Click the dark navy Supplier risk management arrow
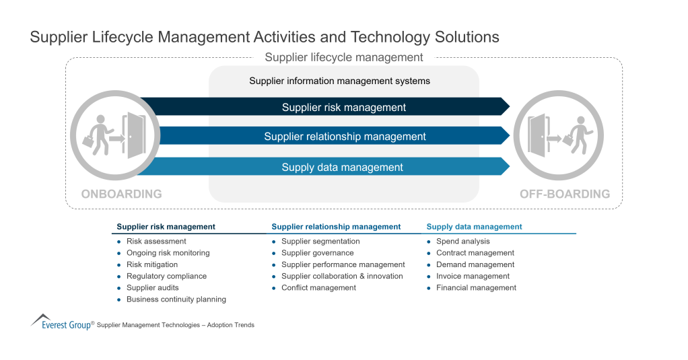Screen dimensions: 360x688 tap(343, 107)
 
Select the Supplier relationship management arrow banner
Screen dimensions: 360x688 tap(345, 137)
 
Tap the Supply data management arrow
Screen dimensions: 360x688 tap(342, 168)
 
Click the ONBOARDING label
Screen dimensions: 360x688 tap(121, 194)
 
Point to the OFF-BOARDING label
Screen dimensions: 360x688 tap(565, 194)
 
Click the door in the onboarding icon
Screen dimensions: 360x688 tap(137, 135)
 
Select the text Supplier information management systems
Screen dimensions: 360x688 tap(339, 81)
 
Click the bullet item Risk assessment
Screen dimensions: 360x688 tap(156, 242)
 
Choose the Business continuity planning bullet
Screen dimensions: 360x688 tap(176, 299)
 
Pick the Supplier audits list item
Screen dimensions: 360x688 tap(153, 288)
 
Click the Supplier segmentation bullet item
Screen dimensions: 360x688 tap(320, 242)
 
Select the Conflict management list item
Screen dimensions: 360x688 tap(318, 288)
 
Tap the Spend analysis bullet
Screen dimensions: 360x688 tap(463, 242)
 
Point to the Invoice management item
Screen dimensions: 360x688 tap(473, 277)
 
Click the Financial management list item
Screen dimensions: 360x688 tap(476, 288)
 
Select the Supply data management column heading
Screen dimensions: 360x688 tap(474, 227)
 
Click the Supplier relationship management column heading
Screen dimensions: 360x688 tap(336, 227)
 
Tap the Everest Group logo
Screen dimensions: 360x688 tap(61, 322)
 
